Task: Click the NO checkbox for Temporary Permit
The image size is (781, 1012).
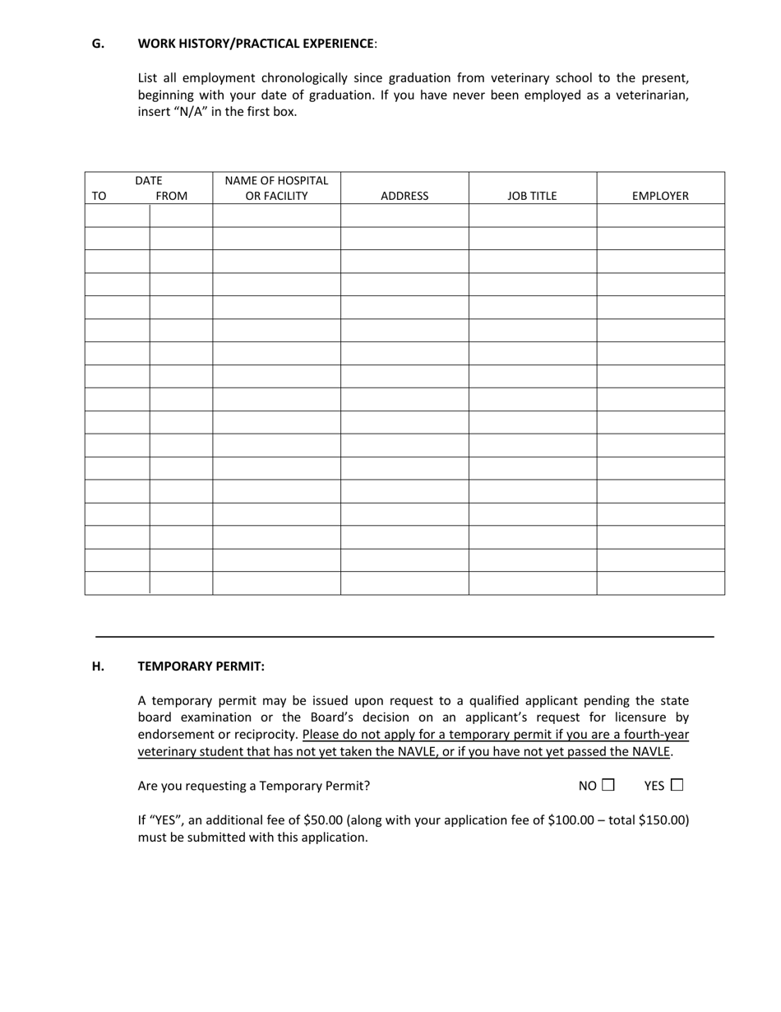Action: point(608,785)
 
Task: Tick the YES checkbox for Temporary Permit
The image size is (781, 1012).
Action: point(677,785)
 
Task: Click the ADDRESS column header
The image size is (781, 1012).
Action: point(404,196)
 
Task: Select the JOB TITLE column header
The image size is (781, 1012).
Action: point(532,196)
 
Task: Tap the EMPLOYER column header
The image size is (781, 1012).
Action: point(660,196)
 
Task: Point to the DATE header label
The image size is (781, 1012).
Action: point(149,180)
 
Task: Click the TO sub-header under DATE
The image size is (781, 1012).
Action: point(99,196)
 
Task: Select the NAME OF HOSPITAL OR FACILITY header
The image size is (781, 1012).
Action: point(276,188)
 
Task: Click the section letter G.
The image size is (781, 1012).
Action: point(98,44)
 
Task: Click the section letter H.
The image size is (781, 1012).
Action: point(98,666)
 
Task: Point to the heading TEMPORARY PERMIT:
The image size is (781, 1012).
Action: point(201,666)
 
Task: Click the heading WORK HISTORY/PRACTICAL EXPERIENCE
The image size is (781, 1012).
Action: point(256,44)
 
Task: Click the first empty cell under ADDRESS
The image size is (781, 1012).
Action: point(404,216)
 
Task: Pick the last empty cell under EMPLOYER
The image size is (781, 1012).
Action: point(660,583)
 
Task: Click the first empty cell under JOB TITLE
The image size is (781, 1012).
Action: point(532,216)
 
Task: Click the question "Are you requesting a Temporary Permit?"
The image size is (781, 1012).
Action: point(254,786)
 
